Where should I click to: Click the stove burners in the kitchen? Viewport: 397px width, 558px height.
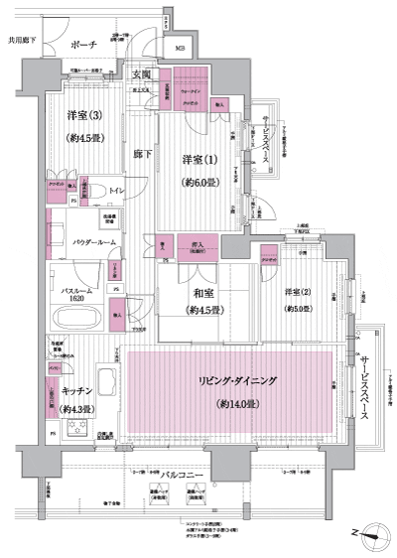click(x=76, y=429)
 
